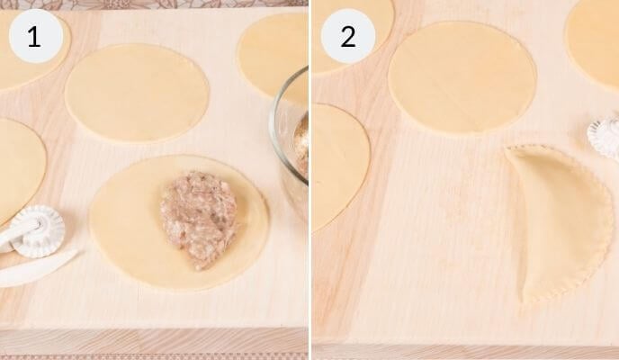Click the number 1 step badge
click(34, 37)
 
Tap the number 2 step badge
click(348, 37)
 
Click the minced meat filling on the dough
click(199, 216)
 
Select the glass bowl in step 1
click(290, 135)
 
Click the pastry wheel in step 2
click(605, 138)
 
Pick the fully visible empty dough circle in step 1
click(137, 93)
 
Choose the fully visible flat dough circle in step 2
click(462, 77)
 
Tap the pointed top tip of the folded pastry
click(509, 150)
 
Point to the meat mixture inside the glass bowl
click(301, 144)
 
